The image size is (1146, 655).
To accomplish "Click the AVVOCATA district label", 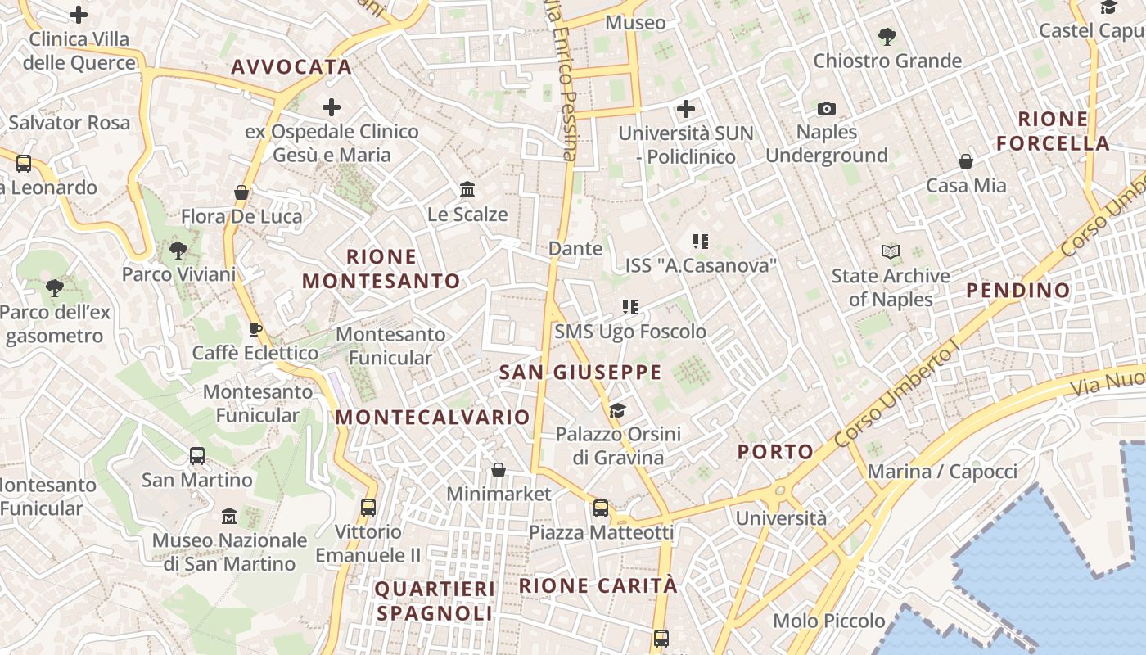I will (x=291, y=67).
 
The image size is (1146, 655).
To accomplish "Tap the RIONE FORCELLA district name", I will (x=1053, y=131).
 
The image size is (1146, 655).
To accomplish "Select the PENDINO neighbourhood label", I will (x=1017, y=290).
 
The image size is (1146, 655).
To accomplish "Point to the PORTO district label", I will (x=775, y=451).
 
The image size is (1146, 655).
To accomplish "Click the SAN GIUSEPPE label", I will (x=580, y=373).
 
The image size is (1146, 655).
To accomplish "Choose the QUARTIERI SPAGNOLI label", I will (x=435, y=600).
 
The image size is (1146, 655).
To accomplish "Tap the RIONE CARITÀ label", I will (x=598, y=585).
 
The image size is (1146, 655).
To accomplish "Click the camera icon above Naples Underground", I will (x=827, y=108).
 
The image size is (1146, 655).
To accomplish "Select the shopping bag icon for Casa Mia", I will (x=966, y=161).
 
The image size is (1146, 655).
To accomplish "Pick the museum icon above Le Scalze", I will (x=467, y=190).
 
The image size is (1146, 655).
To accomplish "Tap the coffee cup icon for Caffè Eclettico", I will (x=255, y=329).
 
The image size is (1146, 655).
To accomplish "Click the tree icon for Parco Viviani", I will (x=178, y=251).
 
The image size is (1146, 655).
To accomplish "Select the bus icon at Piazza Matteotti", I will (x=601, y=508).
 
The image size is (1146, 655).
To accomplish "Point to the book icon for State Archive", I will (x=891, y=251).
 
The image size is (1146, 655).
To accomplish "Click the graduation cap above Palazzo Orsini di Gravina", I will (x=617, y=410).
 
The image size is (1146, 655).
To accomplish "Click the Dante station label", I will (x=575, y=248).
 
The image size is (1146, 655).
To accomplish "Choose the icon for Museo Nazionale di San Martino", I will (x=229, y=516).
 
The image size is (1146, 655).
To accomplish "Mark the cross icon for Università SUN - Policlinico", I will (x=686, y=108).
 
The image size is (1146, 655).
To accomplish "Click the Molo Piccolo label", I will (x=828, y=621).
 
